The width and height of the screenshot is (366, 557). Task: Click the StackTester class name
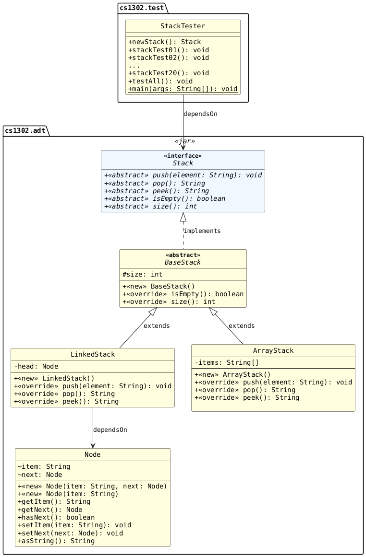point(183,26)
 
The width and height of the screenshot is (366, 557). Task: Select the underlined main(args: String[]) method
point(183,89)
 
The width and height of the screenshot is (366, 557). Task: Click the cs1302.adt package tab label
point(26,130)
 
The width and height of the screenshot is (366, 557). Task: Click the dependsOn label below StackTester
point(200,114)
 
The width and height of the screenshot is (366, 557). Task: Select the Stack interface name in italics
point(183,163)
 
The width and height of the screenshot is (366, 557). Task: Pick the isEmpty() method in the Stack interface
point(164,198)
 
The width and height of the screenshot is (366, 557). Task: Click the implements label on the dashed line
point(202,231)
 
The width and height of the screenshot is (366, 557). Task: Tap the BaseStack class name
point(183,262)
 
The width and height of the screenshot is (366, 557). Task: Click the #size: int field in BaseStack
point(142,274)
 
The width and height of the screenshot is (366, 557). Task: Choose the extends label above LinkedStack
point(156,326)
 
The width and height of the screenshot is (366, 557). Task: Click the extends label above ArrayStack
point(242,326)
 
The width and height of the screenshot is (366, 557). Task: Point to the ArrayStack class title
point(273,351)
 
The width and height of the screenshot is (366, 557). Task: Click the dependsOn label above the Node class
point(110,429)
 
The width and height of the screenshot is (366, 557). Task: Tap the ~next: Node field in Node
point(39,475)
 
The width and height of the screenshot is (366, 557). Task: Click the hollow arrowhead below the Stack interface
point(183,217)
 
